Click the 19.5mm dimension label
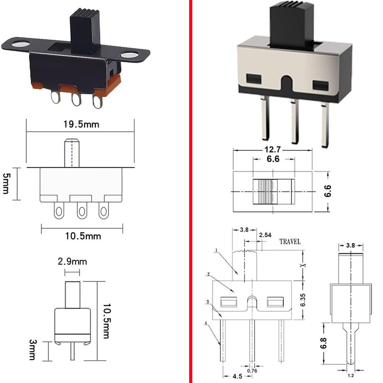pyautogui.click(x=81, y=124)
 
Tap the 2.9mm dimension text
pyautogui.click(x=72, y=261)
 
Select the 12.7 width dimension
pyautogui.click(x=272, y=149)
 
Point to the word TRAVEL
pyautogui.click(x=290, y=242)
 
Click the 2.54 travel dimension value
pyautogui.click(x=265, y=235)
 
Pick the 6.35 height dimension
pyautogui.click(x=303, y=300)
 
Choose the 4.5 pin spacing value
pyautogui.click(x=237, y=376)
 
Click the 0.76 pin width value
pyautogui.click(x=252, y=371)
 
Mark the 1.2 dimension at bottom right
pyautogui.click(x=351, y=376)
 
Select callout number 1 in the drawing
pyautogui.click(x=216, y=250)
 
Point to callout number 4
pyautogui.click(x=206, y=324)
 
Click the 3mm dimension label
pyautogui.click(x=33, y=349)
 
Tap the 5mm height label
pyautogui.click(x=6, y=183)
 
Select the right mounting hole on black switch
pyautogui.click(x=129, y=55)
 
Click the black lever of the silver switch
pyautogui.click(x=292, y=26)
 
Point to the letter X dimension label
pyautogui.click(x=304, y=265)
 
